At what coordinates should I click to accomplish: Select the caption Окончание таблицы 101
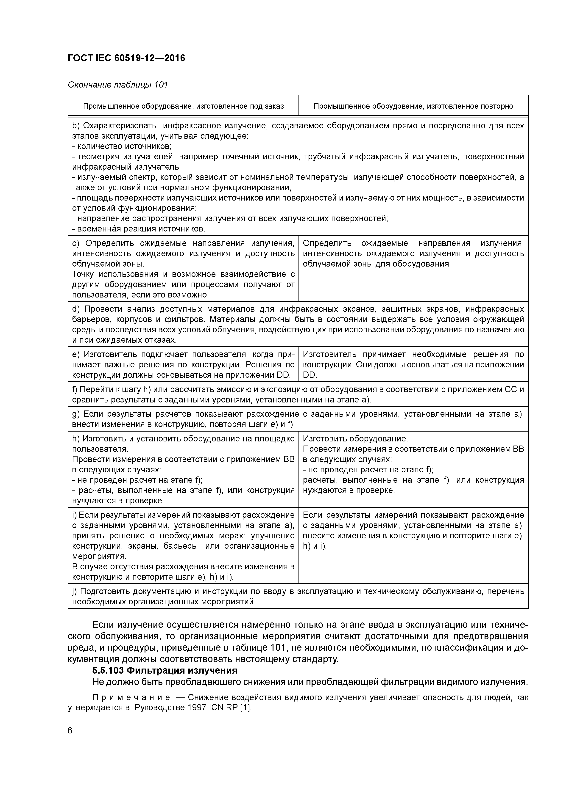tap(118, 85)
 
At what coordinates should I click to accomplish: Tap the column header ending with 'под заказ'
tap(183, 106)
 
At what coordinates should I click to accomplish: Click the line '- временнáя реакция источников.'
tap(139, 229)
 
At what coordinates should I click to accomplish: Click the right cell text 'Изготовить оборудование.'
tap(355, 439)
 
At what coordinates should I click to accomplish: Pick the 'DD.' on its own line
tap(310, 375)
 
